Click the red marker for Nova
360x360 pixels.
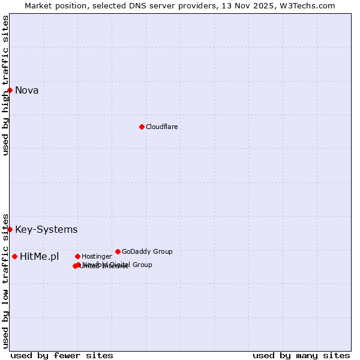pyautogui.click(x=10, y=90)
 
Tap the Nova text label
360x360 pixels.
pyautogui.click(x=26, y=91)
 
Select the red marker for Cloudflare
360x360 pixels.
pyautogui.click(x=142, y=127)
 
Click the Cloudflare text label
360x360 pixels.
pyautogui.click(x=161, y=127)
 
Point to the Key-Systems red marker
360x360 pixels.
pyautogui.click(x=10, y=229)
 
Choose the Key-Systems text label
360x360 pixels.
pyautogui.click(x=46, y=230)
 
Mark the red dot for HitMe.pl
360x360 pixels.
pyautogui.click(x=14, y=256)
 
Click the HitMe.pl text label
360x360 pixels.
pyautogui.click(x=40, y=257)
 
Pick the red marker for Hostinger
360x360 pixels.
pyautogui.click(x=77, y=256)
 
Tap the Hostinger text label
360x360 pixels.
pyautogui.click(x=97, y=257)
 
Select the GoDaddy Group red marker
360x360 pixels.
pyautogui.click(x=118, y=251)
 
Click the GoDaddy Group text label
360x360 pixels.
pyautogui.click(x=147, y=252)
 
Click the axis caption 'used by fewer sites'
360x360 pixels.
pyautogui.click(x=62, y=356)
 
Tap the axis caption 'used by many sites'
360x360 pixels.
pyautogui.click(x=301, y=356)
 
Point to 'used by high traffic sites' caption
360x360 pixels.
pyautogui.click(x=6, y=85)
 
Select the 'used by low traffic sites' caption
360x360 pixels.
pyautogui.click(x=6, y=281)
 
